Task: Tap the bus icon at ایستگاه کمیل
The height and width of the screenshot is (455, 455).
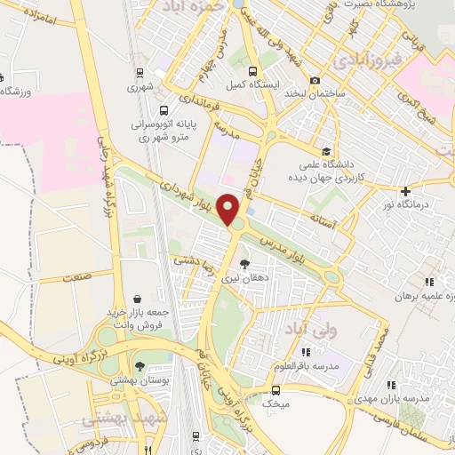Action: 253,71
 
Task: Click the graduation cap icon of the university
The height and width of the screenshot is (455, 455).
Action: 326,151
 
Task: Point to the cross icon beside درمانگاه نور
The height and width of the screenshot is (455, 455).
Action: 406,191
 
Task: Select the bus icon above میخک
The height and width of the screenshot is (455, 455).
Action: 275,388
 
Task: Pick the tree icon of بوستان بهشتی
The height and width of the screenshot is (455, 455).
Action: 139,365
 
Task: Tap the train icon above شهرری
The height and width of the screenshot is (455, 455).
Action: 140,75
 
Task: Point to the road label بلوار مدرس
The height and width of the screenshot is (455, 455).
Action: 290,246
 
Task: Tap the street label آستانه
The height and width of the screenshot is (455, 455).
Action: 321,217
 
